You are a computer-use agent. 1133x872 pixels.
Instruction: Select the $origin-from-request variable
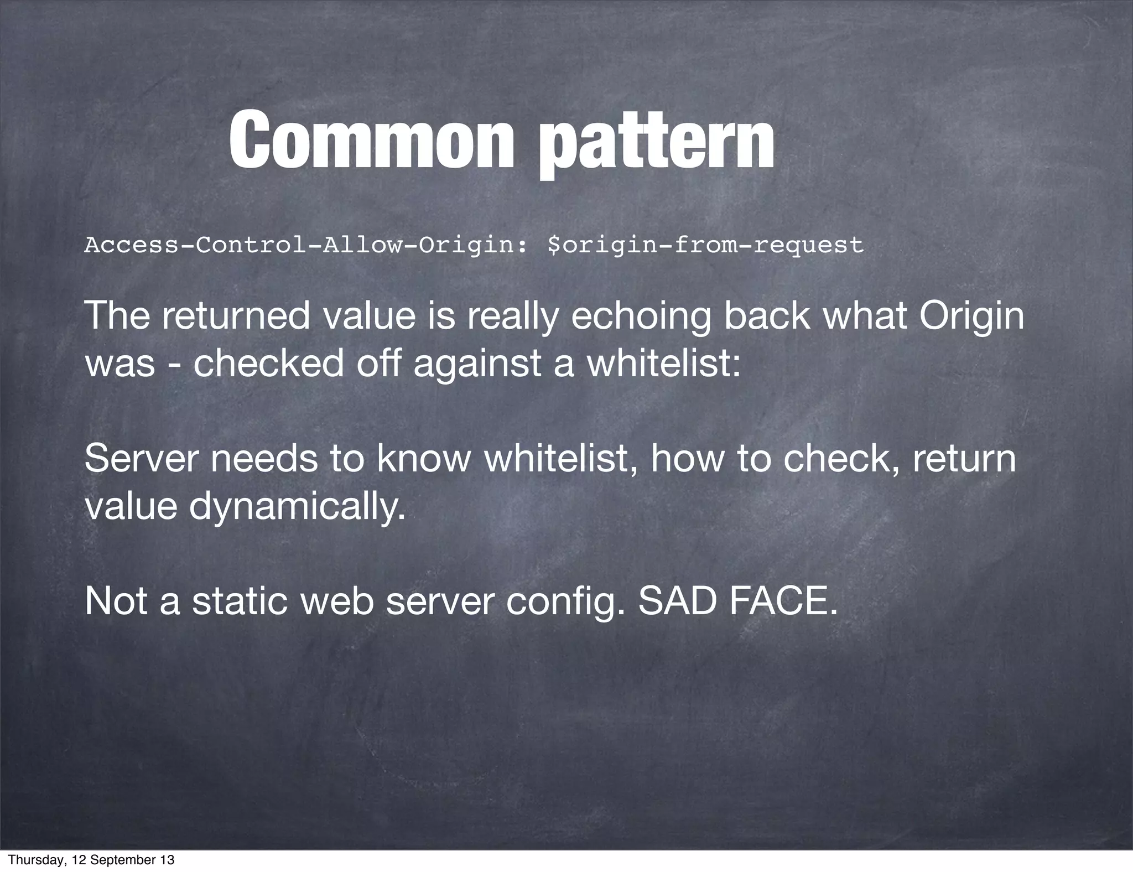click(705, 245)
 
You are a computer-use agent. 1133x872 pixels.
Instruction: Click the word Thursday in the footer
click(35, 860)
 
